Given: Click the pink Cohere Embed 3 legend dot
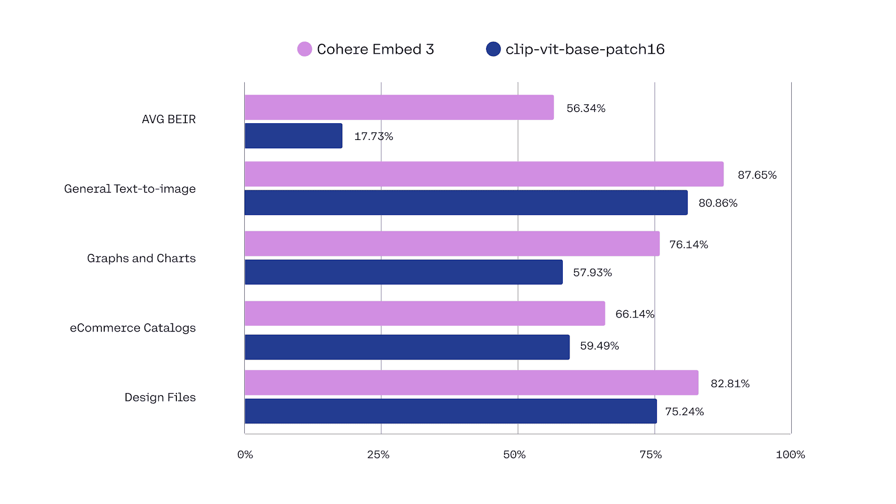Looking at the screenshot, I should point(304,49).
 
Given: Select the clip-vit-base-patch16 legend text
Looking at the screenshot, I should point(585,49).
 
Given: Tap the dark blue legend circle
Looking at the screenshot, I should point(493,49).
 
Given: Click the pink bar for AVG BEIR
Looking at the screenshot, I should point(399,108).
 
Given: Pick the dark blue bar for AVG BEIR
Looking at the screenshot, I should point(293,136).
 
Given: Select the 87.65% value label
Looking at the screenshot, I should point(757,175).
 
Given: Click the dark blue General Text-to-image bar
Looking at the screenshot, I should point(465,203).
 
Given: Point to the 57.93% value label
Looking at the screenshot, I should point(592,273).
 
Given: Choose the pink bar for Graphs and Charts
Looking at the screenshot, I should point(451,244).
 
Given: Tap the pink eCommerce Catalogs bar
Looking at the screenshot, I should point(424,314).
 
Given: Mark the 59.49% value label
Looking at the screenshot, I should point(599,346).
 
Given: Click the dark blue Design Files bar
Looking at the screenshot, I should point(450,411).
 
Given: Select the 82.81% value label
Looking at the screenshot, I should point(730,384).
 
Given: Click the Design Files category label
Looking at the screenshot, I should point(160,398).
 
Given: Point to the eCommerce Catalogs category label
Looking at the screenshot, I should point(133,328).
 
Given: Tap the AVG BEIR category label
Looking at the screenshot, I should point(169,119).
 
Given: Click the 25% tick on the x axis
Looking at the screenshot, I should point(378,455).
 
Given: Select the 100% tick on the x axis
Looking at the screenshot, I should point(790,455).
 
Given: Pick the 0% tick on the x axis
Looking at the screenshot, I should point(245,455).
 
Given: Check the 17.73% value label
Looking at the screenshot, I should point(374,137).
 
